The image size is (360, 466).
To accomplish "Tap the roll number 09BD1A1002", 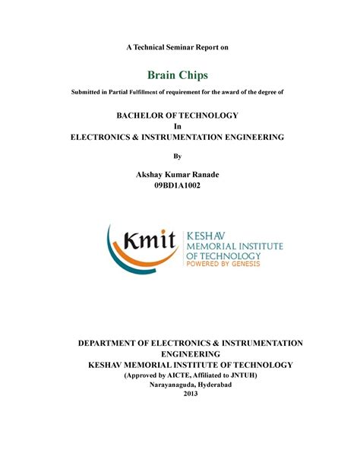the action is [x=177, y=185].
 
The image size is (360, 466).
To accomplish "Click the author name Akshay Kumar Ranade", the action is [x=177, y=174].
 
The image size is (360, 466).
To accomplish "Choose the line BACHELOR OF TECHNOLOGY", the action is [x=177, y=115].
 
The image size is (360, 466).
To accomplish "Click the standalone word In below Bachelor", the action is [x=177, y=125].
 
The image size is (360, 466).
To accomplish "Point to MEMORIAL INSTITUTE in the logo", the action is [x=225, y=246].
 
